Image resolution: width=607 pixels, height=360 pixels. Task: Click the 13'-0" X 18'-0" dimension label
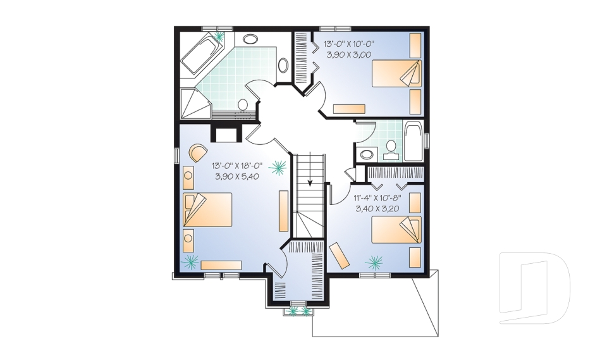pyautogui.click(x=237, y=166)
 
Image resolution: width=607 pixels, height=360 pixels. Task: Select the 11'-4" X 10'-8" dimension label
pyautogui.click(x=377, y=197)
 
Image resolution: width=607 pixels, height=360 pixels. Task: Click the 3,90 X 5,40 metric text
pyautogui.click(x=237, y=177)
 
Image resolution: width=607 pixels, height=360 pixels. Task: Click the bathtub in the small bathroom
pyautogui.click(x=414, y=142)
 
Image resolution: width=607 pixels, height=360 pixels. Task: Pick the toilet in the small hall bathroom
pyautogui.click(x=391, y=149)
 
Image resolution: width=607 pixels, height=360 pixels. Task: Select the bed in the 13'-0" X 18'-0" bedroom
pyautogui.click(x=207, y=209)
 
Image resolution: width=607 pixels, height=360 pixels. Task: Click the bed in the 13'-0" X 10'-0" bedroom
pyautogui.click(x=396, y=73)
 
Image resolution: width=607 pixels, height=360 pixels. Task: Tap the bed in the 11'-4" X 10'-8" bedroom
pyautogui.click(x=396, y=230)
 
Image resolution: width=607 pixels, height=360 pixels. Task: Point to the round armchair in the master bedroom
pyautogui.click(x=199, y=152)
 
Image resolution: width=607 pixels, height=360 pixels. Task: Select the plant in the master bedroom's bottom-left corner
pyautogui.click(x=190, y=262)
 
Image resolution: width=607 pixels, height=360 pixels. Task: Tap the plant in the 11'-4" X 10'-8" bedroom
pyautogui.click(x=374, y=262)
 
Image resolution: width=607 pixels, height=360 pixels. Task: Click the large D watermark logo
pyautogui.click(x=535, y=288)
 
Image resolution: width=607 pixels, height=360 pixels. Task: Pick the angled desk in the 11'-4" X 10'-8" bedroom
pyautogui.click(x=339, y=255)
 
